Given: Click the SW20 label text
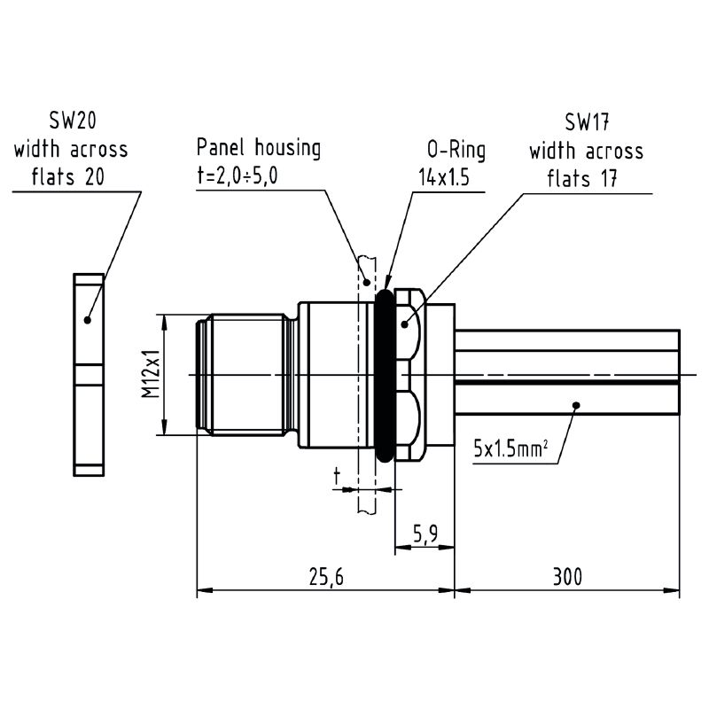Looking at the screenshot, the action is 73,121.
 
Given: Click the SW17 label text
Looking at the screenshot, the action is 587,122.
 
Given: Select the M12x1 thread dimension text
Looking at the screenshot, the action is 151,374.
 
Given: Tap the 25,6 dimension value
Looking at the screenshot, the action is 326,577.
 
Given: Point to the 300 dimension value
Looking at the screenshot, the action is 567,577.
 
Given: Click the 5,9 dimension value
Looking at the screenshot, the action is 425,534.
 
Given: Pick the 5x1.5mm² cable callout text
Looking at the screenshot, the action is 510,448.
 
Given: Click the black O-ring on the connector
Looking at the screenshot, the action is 385,376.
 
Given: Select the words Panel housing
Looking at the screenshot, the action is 259,148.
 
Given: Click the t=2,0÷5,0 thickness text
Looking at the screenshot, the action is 237,175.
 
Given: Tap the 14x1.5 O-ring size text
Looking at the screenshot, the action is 444,177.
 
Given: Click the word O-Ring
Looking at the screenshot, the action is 456,150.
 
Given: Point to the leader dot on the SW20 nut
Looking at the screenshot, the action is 88,320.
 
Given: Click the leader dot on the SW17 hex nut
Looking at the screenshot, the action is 405,324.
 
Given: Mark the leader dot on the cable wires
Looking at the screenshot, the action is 576,405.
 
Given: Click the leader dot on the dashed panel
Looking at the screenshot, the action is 367,283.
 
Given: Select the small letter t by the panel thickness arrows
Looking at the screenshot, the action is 337,477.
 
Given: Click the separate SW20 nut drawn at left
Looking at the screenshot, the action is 89,375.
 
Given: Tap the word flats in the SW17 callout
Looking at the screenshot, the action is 568,178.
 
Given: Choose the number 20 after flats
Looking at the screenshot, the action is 95,176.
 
